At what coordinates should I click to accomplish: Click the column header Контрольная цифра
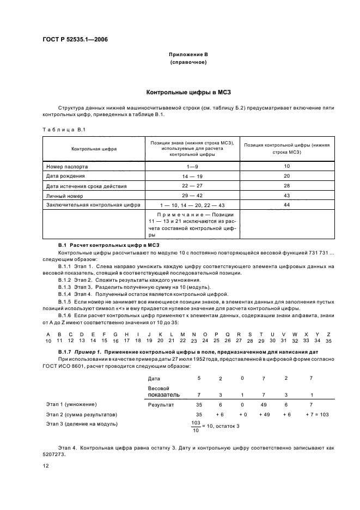[x=94, y=148]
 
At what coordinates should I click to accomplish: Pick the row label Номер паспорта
[x=66, y=166]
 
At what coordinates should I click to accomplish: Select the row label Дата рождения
[x=65, y=176]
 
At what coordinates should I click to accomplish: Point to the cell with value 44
[x=287, y=204]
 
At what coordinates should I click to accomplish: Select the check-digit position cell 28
[x=287, y=186]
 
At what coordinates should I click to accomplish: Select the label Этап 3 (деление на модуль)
[x=82, y=423]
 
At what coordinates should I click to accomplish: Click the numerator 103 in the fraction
[x=196, y=422]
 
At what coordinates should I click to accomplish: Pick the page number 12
[x=46, y=466]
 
